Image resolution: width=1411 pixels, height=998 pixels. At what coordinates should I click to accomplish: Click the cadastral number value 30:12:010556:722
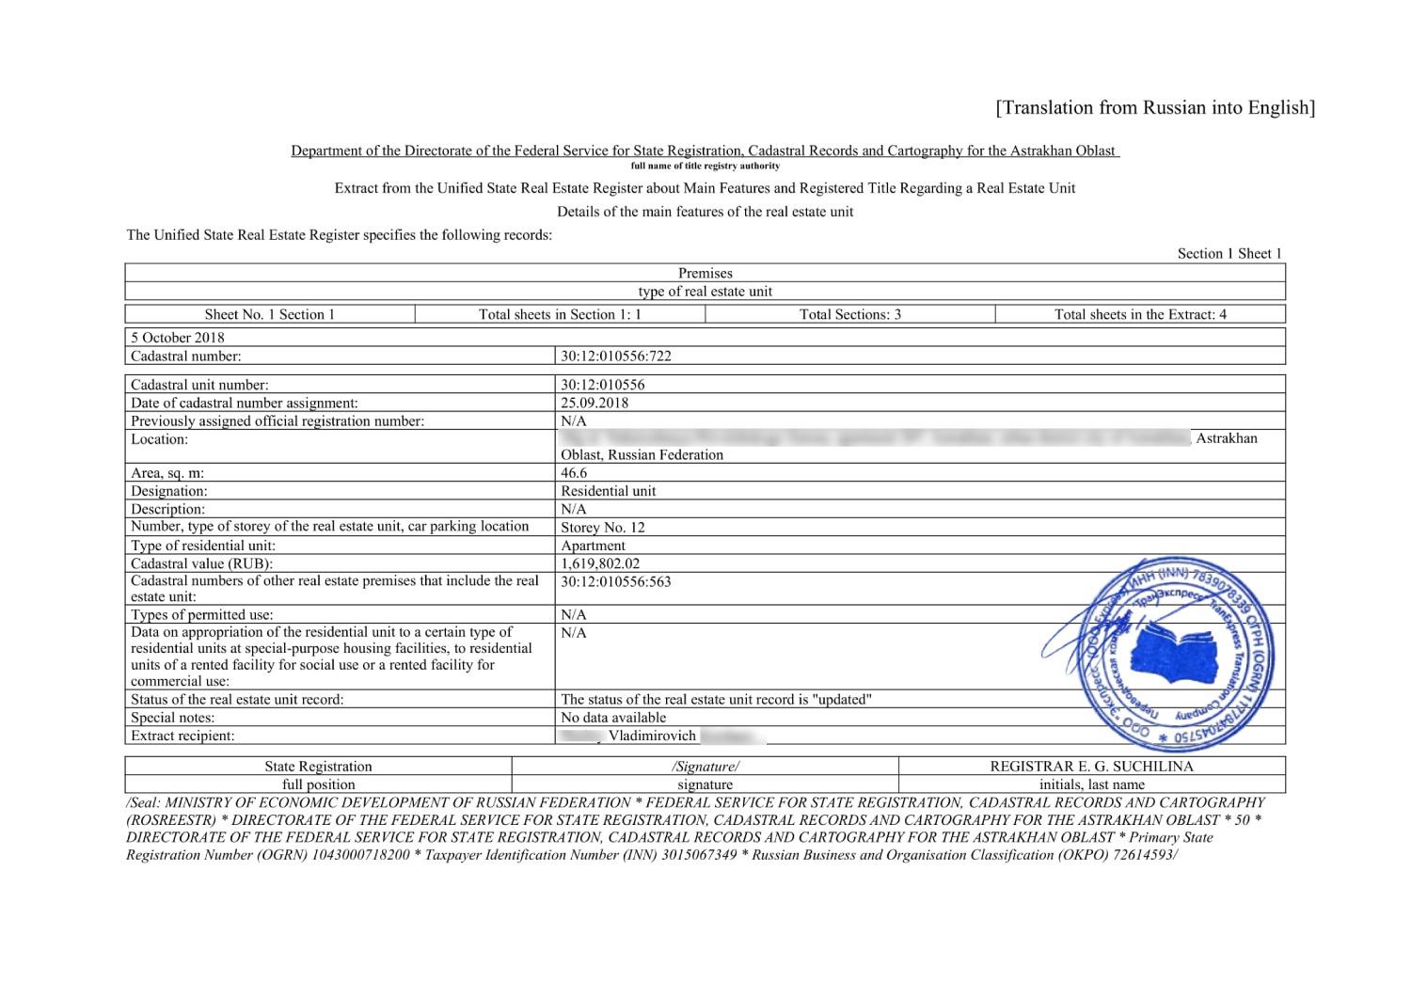616,356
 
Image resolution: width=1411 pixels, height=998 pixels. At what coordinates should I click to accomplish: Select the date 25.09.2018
595,403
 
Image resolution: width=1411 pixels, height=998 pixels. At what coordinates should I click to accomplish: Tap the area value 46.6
574,473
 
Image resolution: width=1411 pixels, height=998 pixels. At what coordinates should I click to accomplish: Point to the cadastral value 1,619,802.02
600,563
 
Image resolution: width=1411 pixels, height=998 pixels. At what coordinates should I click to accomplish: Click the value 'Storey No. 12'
603,528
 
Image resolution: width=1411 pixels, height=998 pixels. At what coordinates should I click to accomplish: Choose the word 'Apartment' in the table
593,546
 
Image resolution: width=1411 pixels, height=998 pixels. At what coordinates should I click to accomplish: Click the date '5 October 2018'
178,338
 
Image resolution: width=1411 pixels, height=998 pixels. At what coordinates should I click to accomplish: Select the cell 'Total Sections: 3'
849,314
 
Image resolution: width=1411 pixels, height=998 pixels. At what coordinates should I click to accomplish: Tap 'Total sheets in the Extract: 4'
1140,314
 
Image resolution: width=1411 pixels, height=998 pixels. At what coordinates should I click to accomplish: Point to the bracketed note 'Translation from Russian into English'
1155,107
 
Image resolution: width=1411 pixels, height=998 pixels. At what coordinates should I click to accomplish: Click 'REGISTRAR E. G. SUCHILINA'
1091,767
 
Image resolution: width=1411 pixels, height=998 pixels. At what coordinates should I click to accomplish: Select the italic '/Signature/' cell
705,767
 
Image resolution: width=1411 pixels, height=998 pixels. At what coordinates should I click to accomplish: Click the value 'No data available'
613,718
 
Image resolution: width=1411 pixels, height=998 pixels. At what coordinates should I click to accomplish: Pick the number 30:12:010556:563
616,581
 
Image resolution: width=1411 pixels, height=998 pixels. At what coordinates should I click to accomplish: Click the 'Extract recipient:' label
182,736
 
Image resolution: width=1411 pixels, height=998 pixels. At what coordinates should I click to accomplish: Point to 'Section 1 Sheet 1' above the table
1229,253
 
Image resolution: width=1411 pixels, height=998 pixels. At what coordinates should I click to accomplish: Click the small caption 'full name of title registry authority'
705,166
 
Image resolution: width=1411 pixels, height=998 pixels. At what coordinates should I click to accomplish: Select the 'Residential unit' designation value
609,491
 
